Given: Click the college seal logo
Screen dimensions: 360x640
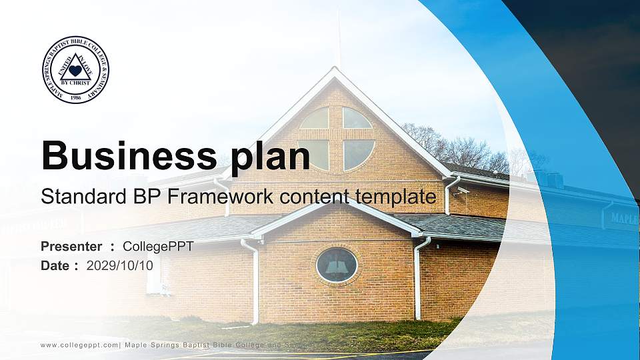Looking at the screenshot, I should (75, 70).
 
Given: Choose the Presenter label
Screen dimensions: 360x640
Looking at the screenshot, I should (71, 247).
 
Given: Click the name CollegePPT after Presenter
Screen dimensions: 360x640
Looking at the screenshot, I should (158, 247).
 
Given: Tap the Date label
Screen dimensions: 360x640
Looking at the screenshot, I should (55, 266).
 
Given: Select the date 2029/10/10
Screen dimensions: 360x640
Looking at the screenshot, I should (120, 266).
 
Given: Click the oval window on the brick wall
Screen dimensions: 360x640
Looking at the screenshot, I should (337, 265).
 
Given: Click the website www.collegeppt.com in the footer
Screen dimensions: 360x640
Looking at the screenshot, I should (80, 345).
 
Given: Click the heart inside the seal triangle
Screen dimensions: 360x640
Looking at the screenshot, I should (75, 69).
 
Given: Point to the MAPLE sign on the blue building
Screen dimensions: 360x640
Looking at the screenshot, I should (624, 219).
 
